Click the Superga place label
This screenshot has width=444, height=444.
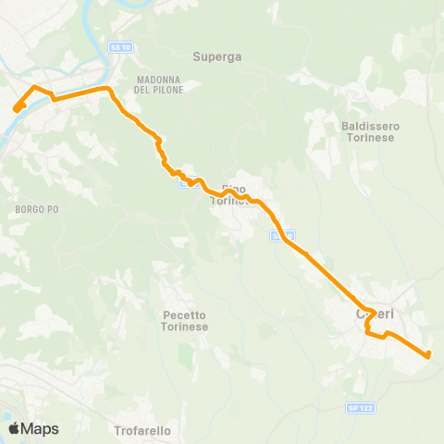[x=217, y=56]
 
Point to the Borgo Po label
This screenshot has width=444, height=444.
[x=37, y=210]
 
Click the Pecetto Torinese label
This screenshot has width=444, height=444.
[x=185, y=321]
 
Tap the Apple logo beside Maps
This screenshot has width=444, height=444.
[x=14, y=428]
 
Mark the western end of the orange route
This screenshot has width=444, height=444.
[x=17, y=109]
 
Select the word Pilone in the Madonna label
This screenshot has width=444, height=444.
[x=163, y=90]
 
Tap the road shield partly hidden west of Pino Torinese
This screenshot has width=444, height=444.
[x=184, y=182]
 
